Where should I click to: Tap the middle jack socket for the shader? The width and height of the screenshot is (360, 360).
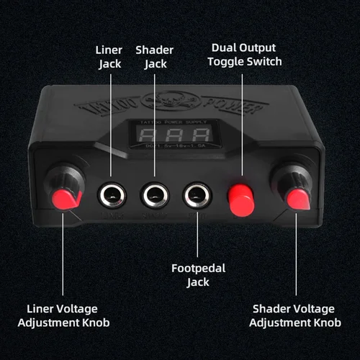(153, 194)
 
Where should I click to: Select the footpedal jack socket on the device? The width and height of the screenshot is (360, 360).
(196, 194)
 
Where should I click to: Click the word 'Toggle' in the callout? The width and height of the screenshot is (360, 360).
(230, 61)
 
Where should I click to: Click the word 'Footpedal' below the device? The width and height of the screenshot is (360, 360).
(198, 269)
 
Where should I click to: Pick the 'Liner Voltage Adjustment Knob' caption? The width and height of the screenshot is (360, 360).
(68, 315)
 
